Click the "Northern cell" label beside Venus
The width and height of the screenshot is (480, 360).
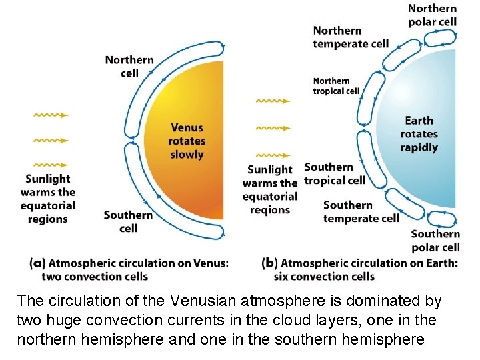pyautogui.click(x=129, y=66)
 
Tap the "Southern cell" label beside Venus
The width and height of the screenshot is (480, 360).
pyautogui.click(x=128, y=221)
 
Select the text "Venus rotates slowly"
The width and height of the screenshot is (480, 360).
pyautogui.click(x=187, y=141)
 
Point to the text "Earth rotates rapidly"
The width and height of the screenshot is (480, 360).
pyautogui.click(x=419, y=134)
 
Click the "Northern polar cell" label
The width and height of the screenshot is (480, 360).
pyautogui.click(x=432, y=15)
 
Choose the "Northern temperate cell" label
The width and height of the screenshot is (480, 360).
pyautogui.click(x=351, y=37)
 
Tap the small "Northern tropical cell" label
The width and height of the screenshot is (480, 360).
pyautogui.click(x=336, y=86)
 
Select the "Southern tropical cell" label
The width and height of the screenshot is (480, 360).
pyautogui.click(x=335, y=173)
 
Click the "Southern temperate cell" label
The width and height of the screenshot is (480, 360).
pyautogui.click(x=361, y=211)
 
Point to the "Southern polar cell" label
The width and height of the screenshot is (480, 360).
pyautogui.click(x=435, y=240)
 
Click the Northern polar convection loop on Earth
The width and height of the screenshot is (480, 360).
pyautogui.click(x=440, y=37)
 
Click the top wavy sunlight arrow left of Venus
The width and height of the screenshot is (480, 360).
pyautogui.click(x=51, y=115)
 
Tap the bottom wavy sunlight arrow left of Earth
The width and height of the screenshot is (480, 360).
pyautogui.click(x=273, y=153)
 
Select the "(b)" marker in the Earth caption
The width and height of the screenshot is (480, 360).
pyautogui.click(x=270, y=263)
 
